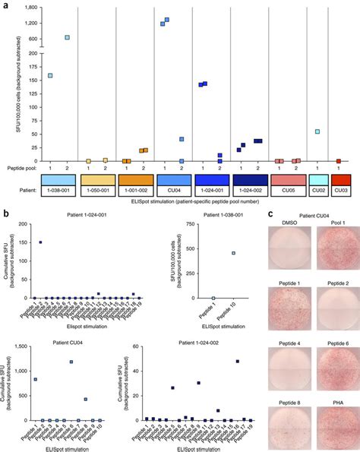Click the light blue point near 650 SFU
coord(67,37)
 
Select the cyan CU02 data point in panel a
coord(317,131)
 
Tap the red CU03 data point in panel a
coord(338,161)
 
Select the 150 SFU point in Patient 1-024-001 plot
coord(39,242)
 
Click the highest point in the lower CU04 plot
coord(71,362)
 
